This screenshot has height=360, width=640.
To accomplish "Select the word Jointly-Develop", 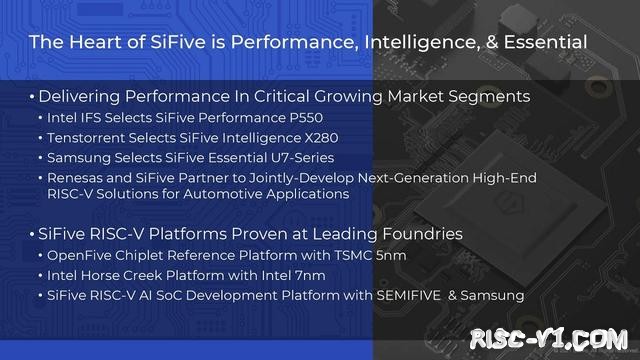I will [267, 177].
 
